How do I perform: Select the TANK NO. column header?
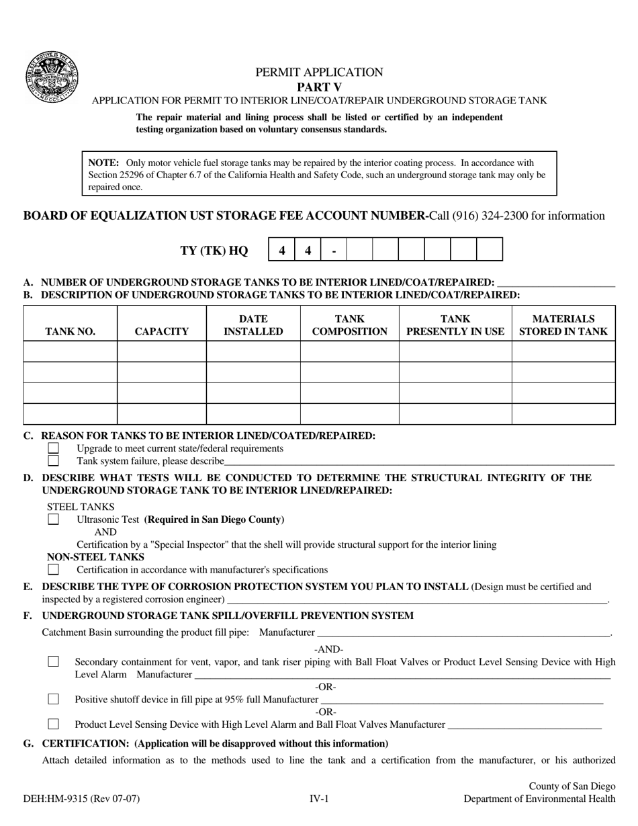click(70, 331)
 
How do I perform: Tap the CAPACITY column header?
click(161, 331)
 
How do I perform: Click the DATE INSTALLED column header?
click(253, 325)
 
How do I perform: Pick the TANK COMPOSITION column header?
click(349, 325)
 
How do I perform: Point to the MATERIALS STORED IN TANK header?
click(563, 325)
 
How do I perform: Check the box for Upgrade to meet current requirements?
click(54, 448)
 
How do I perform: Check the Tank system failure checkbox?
click(54, 461)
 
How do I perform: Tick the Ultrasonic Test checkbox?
click(54, 520)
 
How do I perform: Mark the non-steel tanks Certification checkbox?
click(54, 569)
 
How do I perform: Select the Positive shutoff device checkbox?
click(54, 700)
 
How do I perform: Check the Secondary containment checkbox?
click(54, 662)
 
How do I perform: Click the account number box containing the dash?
click(334, 250)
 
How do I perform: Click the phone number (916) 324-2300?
click(489, 216)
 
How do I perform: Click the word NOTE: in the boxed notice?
click(103, 163)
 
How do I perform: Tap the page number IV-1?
click(318, 799)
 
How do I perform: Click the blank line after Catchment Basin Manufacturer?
click(463, 633)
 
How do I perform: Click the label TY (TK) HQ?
click(214, 251)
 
